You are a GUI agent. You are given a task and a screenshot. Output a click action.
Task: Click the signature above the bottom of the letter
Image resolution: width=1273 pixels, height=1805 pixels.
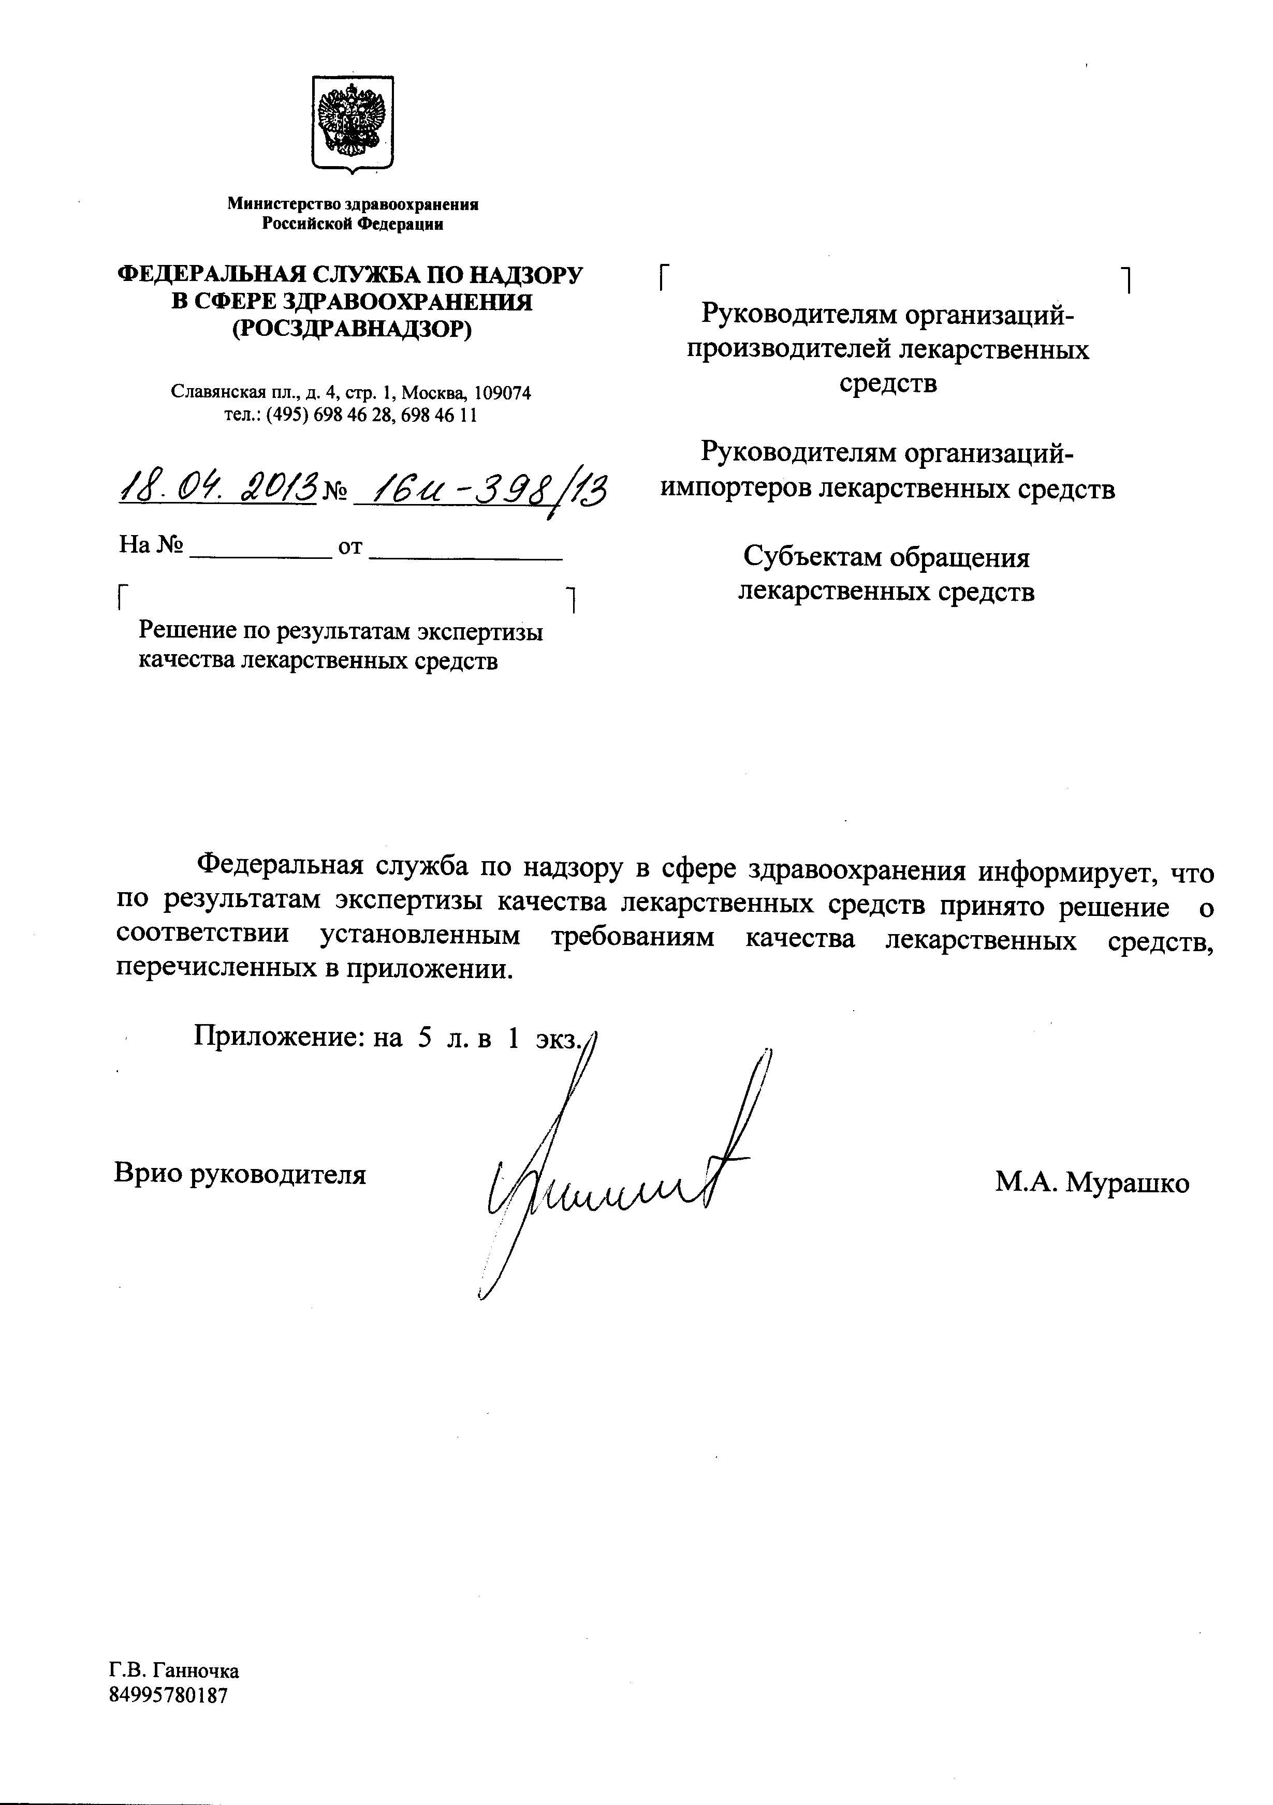[613, 1179]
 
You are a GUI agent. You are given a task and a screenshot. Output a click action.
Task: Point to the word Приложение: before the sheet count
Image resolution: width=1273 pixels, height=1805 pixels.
[279, 1038]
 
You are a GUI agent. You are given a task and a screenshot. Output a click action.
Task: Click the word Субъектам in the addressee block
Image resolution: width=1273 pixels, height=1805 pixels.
[811, 558]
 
